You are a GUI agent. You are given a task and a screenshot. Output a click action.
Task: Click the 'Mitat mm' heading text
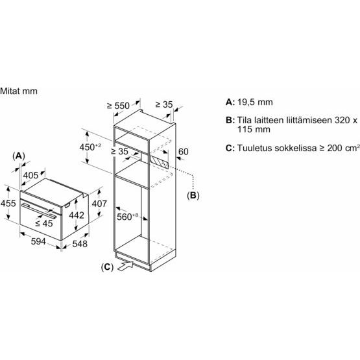click(x=19, y=91)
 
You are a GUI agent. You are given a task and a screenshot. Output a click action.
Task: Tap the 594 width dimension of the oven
click(x=38, y=241)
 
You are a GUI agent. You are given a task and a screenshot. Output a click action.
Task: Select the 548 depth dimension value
click(x=80, y=244)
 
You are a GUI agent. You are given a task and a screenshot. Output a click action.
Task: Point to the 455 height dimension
click(x=8, y=203)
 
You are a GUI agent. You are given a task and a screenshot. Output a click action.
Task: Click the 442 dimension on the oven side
click(x=77, y=215)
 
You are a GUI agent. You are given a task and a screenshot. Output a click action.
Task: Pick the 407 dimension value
click(x=99, y=204)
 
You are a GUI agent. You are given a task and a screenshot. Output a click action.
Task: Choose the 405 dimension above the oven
click(x=30, y=175)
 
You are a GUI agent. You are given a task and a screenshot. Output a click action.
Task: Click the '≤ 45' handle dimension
click(x=44, y=223)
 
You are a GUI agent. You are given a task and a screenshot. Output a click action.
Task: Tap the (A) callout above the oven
click(x=19, y=156)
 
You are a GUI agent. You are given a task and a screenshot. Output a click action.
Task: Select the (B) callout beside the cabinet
click(x=193, y=195)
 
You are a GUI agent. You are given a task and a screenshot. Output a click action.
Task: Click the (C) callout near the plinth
click(x=107, y=267)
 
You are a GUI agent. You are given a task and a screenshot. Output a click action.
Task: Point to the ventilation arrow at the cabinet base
click(x=125, y=266)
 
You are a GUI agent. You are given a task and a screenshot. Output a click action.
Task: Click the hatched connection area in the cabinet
click(x=159, y=162)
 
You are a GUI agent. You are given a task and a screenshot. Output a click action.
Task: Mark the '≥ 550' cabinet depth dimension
click(x=118, y=106)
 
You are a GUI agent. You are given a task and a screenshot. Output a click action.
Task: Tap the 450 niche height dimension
click(x=90, y=147)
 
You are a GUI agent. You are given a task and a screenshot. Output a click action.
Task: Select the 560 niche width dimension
click(x=127, y=217)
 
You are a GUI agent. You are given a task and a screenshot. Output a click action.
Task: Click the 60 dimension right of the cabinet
click(x=183, y=152)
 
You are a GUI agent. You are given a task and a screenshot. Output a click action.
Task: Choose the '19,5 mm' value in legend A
click(x=255, y=102)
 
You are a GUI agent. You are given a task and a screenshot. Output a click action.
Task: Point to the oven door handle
click(x=38, y=210)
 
